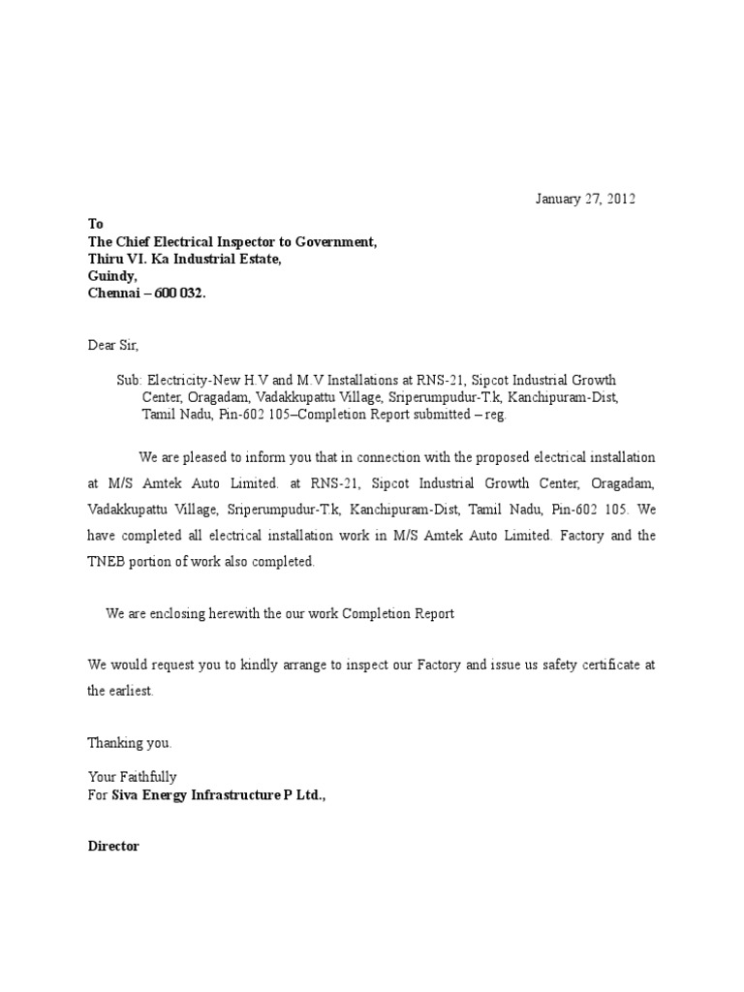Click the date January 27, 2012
[x=586, y=200]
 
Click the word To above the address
[x=95, y=223]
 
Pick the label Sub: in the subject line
[x=130, y=380]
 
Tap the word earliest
[x=131, y=692]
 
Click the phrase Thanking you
[x=130, y=743]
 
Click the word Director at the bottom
[x=113, y=846]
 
